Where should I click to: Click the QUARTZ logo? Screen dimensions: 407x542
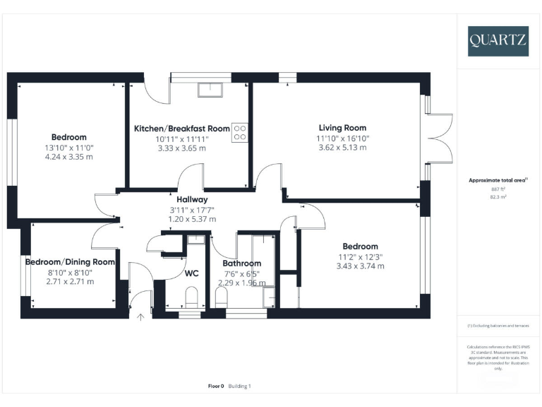pyautogui.click(x=498, y=40)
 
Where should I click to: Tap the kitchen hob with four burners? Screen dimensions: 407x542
pyautogui.click(x=240, y=132)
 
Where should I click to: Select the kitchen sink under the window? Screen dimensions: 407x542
pyautogui.click(x=210, y=89)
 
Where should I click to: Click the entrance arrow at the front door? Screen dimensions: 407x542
pyautogui.click(x=140, y=317)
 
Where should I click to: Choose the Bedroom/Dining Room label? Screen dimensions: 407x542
pyautogui.click(x=70, y=261)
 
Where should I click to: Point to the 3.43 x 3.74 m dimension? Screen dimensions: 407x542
pyautogui.click(x=361, y=266)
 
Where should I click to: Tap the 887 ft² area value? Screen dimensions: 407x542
pyautogui.click(x=499, y=189)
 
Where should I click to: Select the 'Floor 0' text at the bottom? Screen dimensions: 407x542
pyautogui.click(x=216, y=386)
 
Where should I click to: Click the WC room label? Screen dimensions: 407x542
pyautogui.click(x=192, y=273)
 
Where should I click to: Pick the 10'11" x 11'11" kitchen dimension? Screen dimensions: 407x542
pyautogui.click(x=182, y=139)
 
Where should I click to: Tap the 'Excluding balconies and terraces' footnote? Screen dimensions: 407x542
pyautogui.click(x=498, y=325)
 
